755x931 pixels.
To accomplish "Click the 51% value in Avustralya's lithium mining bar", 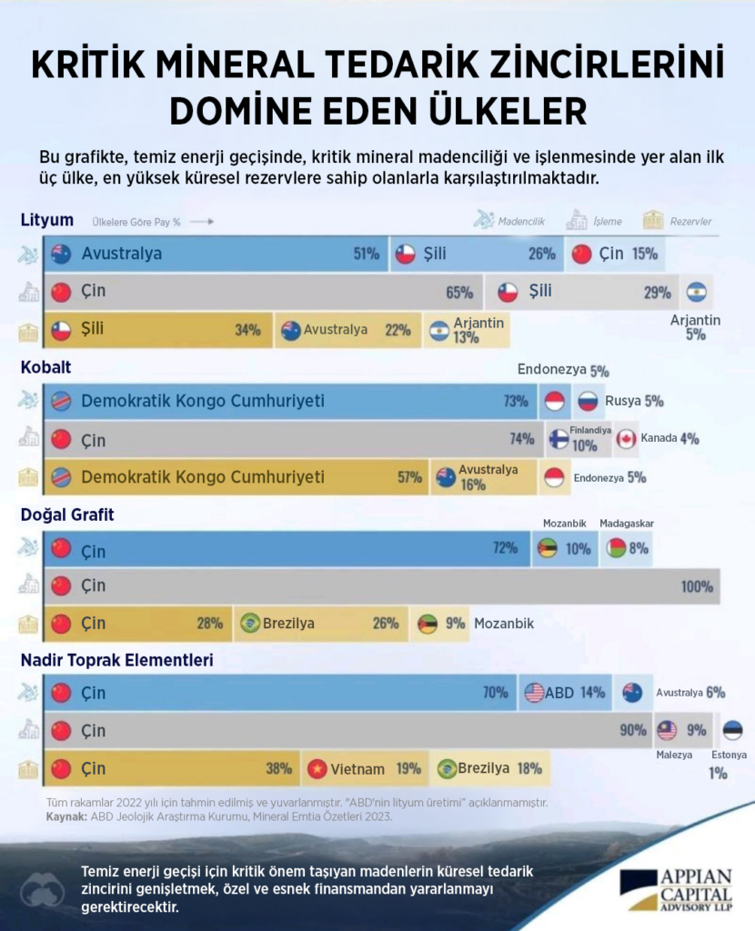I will click(x=366, y=255).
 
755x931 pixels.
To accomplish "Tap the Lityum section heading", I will click(x=46, y=220).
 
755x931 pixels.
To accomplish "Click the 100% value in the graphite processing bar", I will click(x=697, y=587).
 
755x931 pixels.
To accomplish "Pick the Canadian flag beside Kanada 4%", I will click(x=626, y=439).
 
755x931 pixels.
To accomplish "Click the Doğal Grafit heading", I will click(x=66, y=515).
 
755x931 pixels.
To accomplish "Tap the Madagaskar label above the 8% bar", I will click(x=627, y=524).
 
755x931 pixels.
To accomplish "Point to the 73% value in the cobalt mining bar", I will click(x=515, y=401).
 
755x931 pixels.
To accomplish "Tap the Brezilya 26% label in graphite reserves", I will click(x=318, y=624).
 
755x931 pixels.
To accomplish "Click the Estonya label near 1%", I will click(x=730, y=755).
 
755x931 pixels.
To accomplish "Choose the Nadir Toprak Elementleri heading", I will click(x=116, y=660).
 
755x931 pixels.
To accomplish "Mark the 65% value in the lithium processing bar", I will click(x=459, y=293).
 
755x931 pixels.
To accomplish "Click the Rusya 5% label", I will click(x=633, y=401).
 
